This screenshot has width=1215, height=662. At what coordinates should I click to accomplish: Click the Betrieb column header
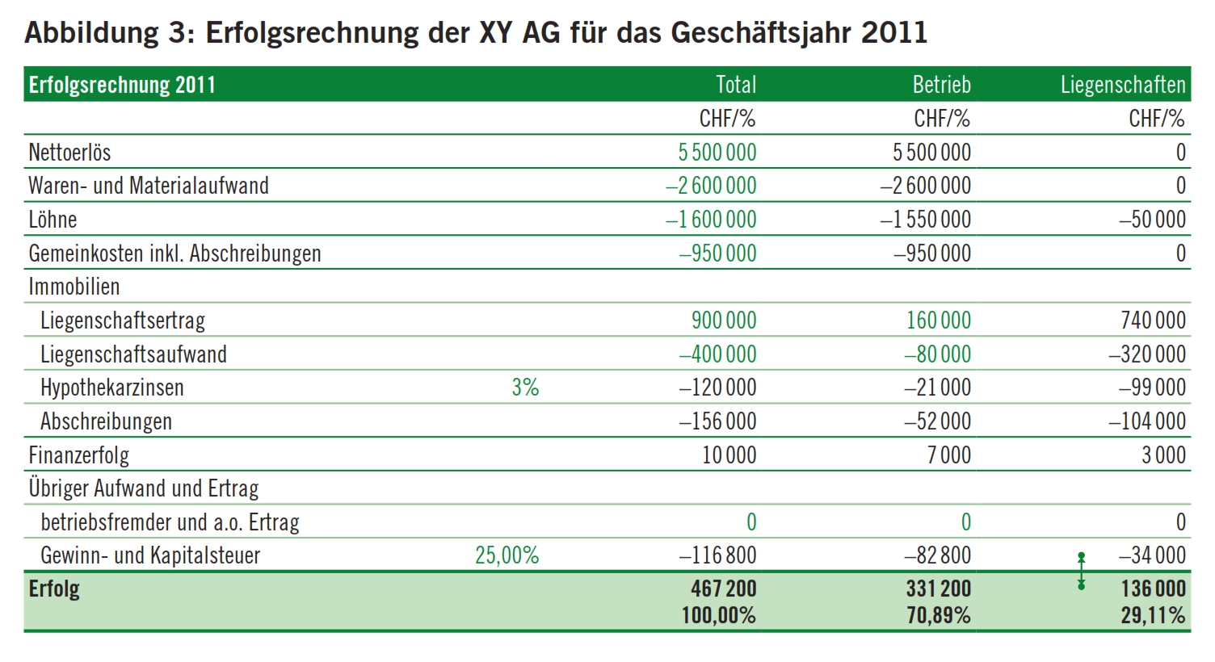[x=942, y=85]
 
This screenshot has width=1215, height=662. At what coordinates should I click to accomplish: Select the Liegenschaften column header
[x=1124, y=85]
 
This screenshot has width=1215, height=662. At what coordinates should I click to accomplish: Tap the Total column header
[x=736, y=85]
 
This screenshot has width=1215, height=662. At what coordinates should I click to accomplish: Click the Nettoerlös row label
[x=69, y=153]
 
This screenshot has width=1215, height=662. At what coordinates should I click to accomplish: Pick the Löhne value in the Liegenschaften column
[x=1153, y=220]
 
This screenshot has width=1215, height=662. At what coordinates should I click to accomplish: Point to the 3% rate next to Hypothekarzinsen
[x=526, y=388]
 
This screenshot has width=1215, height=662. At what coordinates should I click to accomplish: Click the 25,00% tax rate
[x=507, y=555]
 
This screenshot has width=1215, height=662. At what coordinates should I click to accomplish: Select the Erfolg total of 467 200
[x=724, y=589]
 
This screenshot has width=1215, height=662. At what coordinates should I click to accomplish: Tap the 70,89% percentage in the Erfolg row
[x=939, y=615]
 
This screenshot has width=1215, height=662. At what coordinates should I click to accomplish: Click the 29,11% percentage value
[x=1153, y=615]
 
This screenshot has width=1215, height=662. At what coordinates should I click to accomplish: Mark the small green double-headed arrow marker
[x=1081, y=571]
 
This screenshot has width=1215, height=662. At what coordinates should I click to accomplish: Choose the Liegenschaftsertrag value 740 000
[x=1153, y=321]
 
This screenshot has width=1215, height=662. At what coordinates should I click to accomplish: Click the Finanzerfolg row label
[x=78, y=455]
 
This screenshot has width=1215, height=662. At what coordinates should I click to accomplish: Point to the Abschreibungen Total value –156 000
[x=717, y=421]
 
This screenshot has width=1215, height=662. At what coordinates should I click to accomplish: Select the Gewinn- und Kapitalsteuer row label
[x=150, y=555]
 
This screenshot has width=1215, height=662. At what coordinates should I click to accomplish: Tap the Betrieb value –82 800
[x=938, y=555]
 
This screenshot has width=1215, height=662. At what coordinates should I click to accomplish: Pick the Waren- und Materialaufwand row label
[x=149, y=186]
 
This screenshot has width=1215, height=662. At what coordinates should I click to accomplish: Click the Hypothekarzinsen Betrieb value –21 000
[x=938, y=388]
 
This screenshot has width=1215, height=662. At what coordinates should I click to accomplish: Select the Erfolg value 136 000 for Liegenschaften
[x=1153, y=589]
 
